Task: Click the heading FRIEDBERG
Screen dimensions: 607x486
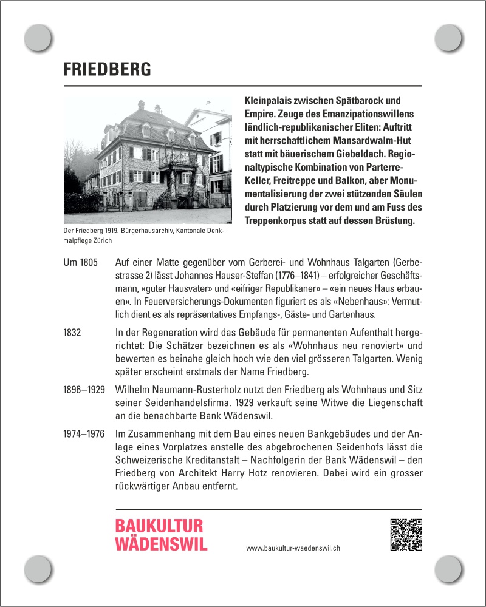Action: tap(107, 69)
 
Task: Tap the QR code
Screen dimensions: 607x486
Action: tap(406, 535)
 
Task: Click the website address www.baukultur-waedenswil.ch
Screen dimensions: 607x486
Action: tap(293, 548)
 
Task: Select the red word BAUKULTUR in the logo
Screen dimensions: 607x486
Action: tap(159, 526)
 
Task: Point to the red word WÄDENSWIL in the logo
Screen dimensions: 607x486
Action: tap(161, 543)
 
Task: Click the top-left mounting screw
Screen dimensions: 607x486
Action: tap(37, 38)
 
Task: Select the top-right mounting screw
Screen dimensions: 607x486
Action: tap(449, 38)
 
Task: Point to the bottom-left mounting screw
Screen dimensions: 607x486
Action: tap(37, 569)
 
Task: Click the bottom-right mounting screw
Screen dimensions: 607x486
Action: tap(449, 569)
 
